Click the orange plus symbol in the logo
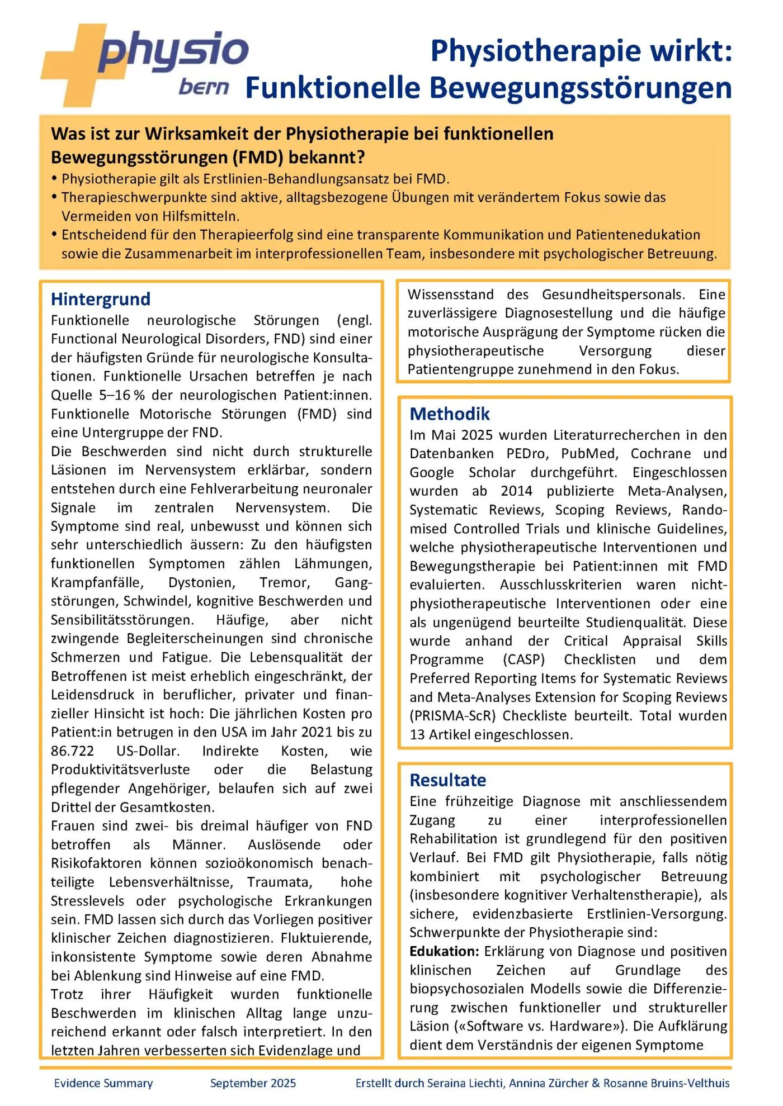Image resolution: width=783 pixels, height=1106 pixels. [73, 64]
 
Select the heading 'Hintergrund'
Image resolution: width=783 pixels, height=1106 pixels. [101, 299]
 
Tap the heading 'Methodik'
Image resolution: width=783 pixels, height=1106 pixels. [450, 414]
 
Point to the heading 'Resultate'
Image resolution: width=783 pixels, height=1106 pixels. [448, 780]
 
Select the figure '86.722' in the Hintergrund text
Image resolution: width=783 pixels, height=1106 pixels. [73, 751]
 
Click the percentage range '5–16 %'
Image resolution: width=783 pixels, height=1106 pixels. [122, 395]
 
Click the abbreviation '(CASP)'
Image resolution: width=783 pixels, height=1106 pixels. [523, 659]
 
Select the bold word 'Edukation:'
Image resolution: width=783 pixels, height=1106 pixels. [444, 951]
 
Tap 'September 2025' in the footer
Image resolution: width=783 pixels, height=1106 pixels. [253, 1083]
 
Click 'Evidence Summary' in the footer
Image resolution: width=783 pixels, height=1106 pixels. [103, 1083]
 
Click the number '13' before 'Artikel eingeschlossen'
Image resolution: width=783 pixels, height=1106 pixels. [417, 734]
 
